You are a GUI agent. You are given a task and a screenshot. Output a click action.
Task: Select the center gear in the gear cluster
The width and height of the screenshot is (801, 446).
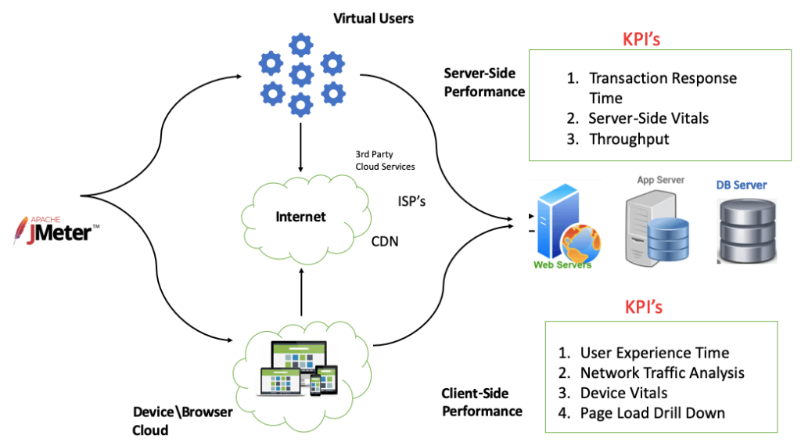(302, 75)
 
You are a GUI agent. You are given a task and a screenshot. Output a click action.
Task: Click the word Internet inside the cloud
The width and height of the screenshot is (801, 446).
(300, 216)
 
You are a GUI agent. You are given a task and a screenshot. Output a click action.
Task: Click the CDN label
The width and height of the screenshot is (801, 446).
(385, 242)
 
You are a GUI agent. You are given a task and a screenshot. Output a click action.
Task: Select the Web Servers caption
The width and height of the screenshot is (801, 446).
(562, 265)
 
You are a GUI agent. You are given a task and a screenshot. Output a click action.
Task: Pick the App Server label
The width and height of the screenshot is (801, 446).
(660, 180)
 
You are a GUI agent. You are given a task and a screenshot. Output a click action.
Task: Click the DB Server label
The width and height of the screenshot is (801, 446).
(742, 185)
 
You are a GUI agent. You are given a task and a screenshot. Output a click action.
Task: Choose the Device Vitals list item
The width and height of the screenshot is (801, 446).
(623, 393)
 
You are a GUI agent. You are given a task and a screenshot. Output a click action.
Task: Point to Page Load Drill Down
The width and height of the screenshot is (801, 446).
(652, 412)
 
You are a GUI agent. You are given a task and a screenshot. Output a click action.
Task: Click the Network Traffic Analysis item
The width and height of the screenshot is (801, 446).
(662, 372)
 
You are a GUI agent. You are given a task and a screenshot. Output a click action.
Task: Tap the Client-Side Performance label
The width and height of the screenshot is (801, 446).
(482, 402)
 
